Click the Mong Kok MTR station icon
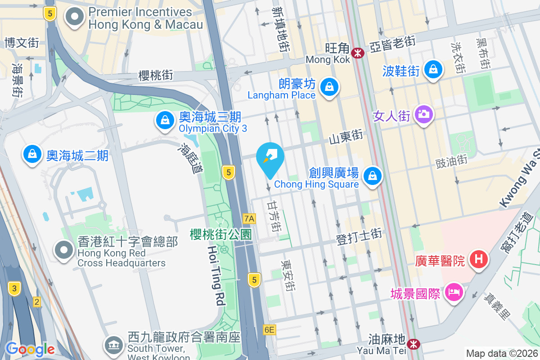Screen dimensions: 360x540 point(358,53)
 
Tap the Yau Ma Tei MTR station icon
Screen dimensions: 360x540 point(413,344)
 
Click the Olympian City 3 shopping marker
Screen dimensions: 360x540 point(165,120)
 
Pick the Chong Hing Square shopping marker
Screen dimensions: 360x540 point(373,175)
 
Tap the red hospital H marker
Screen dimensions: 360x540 point(479,260)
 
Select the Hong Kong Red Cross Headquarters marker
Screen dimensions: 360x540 point(64,250)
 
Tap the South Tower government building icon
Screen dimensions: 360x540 point(113,345)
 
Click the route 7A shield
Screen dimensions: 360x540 point(249,219)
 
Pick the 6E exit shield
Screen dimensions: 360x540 point(269,330)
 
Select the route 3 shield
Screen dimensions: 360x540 point(14,288)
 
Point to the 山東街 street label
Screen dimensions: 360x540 point(346,137)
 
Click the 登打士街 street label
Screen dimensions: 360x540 point(359,236)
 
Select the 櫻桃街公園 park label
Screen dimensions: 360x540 point(220,234)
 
